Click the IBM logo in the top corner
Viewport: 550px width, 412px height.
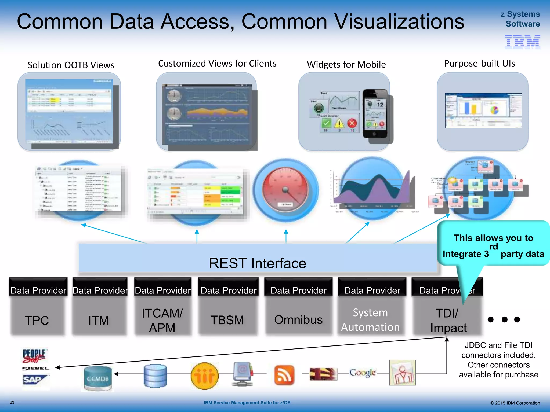522,42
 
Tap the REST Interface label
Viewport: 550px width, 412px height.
257,263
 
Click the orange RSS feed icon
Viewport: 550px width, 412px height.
284,374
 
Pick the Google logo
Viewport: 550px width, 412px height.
363,373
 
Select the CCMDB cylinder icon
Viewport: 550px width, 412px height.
97,378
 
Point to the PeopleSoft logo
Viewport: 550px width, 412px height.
34,356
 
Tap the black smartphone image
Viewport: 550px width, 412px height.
375,113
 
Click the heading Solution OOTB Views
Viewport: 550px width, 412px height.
71,65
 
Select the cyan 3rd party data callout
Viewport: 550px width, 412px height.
493,245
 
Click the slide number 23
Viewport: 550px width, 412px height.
12,402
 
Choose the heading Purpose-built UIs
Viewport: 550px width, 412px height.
479,64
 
